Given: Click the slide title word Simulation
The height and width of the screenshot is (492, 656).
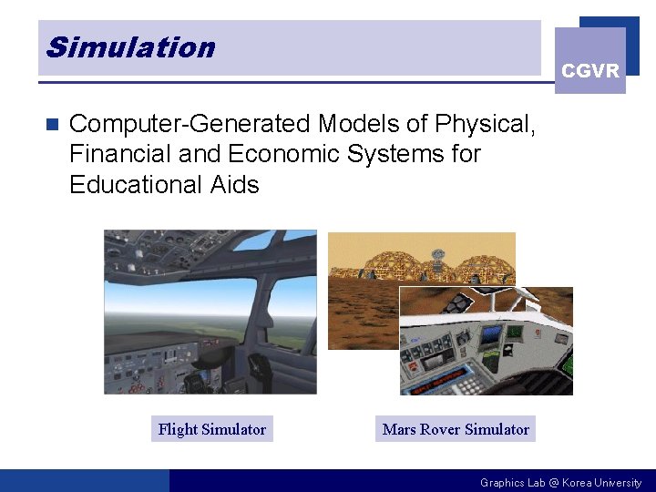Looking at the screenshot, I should pos(130,47).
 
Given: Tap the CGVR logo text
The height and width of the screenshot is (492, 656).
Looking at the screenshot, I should pos(590,71).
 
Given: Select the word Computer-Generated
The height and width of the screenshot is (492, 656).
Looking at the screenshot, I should pos(190,124).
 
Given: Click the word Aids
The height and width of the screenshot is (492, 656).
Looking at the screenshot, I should pos(234,185).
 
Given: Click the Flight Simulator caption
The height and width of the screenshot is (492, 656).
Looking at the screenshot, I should pos(212,429).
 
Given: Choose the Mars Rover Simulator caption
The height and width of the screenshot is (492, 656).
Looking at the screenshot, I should pos(456,429).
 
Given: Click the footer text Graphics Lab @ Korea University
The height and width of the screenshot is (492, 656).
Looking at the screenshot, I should pos(560,483).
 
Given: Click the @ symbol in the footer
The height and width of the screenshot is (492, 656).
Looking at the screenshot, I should pos(554,483).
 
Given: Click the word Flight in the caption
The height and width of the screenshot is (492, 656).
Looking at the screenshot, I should pos(177,429).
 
